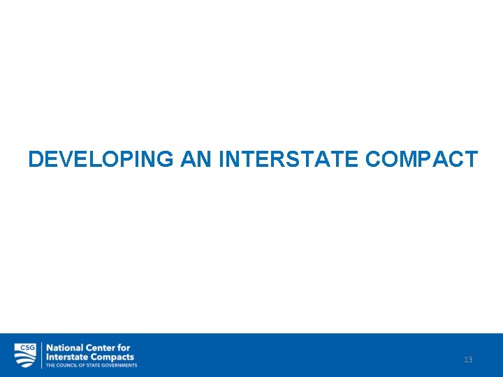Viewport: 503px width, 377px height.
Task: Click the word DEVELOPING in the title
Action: click(101, 159)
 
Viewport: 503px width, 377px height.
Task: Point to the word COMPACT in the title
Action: click(421, 159)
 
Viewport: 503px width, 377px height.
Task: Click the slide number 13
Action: click(468, 360)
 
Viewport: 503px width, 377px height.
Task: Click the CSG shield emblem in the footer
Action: click(25, 355)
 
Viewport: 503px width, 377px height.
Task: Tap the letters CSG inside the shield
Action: click(25, 347)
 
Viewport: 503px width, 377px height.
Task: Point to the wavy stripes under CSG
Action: click(25, 359)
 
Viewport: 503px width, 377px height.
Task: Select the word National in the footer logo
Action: click(64, 348)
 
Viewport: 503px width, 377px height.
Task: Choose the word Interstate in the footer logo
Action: click(67, 357)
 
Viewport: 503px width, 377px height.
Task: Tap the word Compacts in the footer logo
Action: click(112, 357)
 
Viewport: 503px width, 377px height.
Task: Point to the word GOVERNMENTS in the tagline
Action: click(119, 365)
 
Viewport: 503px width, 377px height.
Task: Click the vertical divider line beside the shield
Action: click(41, 355)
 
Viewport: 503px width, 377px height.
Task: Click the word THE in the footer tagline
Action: click(50, 365)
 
